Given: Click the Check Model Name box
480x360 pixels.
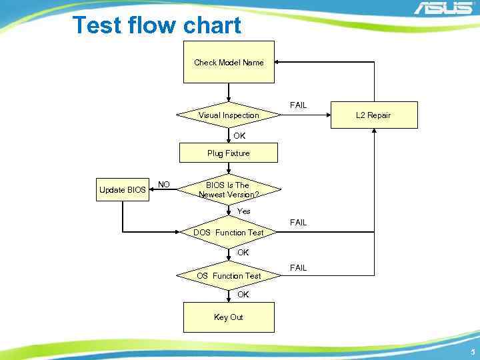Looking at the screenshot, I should click(x=229, y=62).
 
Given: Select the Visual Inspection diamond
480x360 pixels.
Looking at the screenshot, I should click(x=229, y=115).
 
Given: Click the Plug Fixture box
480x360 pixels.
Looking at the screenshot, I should click(x=229, y=153).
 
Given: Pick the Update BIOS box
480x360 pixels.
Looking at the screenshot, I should click(x=122, y=190).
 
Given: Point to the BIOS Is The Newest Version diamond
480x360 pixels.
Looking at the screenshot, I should click(x=229, y=190).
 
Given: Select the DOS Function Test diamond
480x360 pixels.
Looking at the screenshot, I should click(x=229, y=233).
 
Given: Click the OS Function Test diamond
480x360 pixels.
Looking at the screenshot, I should click(x=229, y=275).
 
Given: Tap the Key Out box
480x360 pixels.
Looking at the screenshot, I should click(x=229, y=317).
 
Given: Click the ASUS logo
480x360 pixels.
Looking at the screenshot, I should click(x=443, y=9).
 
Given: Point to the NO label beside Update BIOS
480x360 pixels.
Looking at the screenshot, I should click(x=164, y=185).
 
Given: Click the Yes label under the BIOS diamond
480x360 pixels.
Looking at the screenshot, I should click(x=244, y=211).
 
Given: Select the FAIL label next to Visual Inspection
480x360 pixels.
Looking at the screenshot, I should click(x=298, y=105).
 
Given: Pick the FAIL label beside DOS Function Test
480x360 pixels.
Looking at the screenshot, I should click(x=298, y=223).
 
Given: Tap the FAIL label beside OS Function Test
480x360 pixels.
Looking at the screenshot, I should click(x=298, y=268).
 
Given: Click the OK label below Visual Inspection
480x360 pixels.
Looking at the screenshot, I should click(x=239, y=136).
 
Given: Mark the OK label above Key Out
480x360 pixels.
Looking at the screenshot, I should click(x=243, y=294).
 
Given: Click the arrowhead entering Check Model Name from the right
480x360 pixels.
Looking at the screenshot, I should click(x=279, y=62).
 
